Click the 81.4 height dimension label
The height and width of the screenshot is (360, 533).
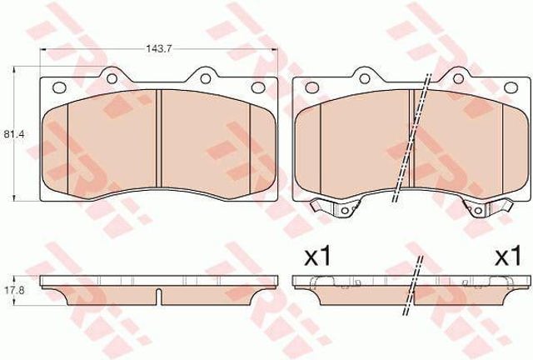tap(10, 134)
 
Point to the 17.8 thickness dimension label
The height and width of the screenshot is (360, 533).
tap(10, 292)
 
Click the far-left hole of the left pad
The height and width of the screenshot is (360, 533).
tap(59, 87)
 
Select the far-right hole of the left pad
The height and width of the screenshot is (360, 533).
tap(257, 87)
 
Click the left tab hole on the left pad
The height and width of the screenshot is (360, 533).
tap(112, 78)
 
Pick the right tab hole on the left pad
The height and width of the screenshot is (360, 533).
tap(205, 78)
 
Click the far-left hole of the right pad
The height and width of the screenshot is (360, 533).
tap(311, 87)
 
